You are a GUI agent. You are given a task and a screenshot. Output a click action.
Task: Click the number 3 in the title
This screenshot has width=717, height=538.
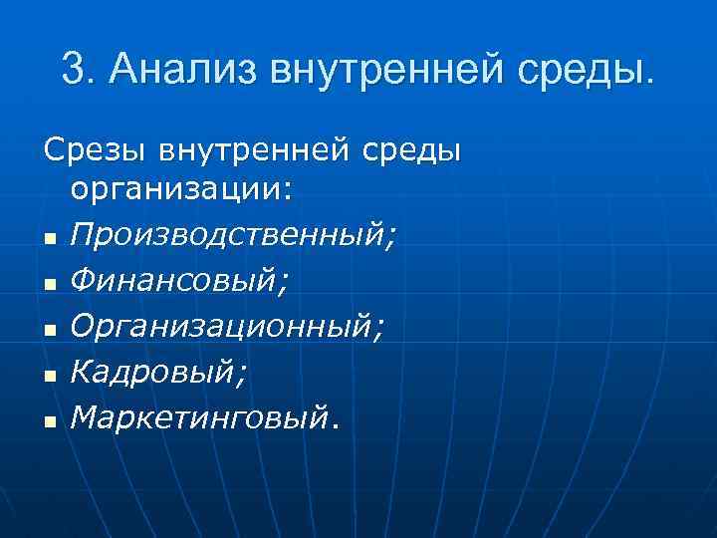[x=73, y=69]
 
